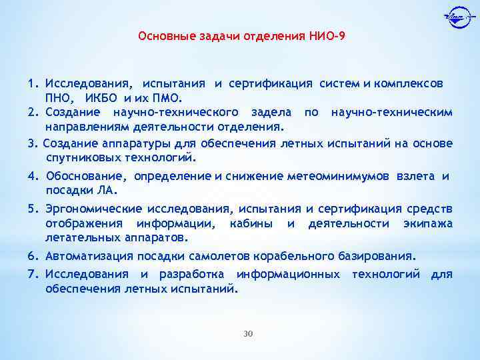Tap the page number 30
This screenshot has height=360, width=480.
(x=248, y=333)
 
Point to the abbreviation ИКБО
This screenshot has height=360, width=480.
(x=103, y=99)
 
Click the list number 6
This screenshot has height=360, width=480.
(x=32, y=255)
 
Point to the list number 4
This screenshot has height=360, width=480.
(x=32, y=176)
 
